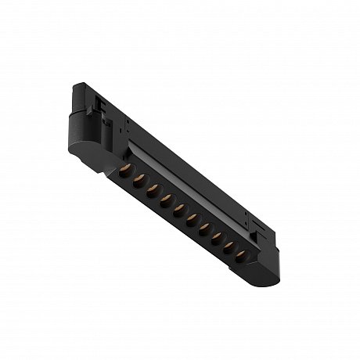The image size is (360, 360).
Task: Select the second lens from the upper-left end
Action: click(137, 181)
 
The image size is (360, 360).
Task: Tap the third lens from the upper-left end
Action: click(151, 190)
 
